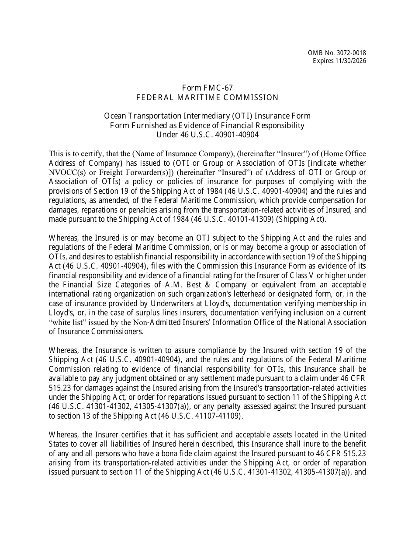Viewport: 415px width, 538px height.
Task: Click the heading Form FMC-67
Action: point(207,88)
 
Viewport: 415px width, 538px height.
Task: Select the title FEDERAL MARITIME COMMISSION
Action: point(207,97)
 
